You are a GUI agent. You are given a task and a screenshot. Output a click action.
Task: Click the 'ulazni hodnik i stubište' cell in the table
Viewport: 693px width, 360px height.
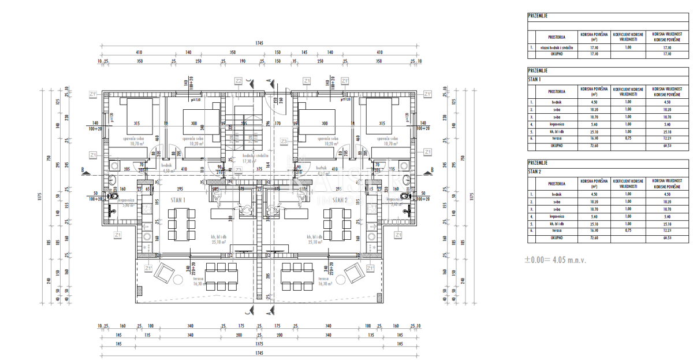pyautogui.click(x=556, y=48)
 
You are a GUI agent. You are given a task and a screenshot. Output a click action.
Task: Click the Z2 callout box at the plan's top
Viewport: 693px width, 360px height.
pyautogui.click(x=238, y=80)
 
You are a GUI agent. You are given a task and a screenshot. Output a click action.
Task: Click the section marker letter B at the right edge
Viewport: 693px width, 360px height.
pyautogui.click(x=432, y=170)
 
